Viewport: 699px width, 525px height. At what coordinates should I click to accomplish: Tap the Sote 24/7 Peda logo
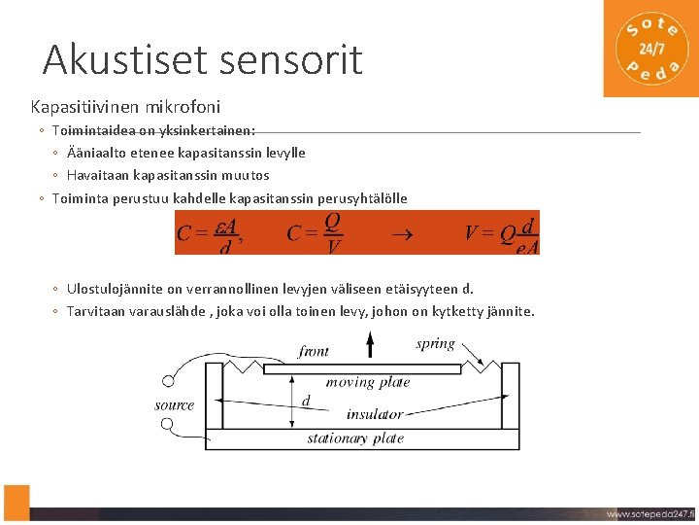[651, 48]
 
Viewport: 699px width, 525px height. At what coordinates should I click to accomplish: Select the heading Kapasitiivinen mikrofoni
[125, 105]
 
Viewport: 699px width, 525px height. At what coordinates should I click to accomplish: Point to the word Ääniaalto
[98, 153]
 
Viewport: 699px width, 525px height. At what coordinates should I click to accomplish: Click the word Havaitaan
[97, 175]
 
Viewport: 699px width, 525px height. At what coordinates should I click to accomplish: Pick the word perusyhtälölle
[362, 198]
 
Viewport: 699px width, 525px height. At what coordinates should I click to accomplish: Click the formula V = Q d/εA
[501, 233]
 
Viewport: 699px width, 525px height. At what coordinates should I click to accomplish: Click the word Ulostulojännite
[113, 289]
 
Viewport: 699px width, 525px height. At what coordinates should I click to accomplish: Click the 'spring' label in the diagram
[435, 343]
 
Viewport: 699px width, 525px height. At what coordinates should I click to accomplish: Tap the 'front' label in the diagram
[314, 351]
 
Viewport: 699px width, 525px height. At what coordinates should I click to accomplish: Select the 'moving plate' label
[368, 382]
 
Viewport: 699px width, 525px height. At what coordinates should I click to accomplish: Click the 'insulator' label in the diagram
[374, 414]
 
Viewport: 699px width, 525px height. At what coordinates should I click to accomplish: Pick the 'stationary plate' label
[355, 438]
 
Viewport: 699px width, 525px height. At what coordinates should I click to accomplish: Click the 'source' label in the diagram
[175, 404]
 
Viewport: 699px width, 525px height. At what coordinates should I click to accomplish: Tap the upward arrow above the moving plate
[369, 345]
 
